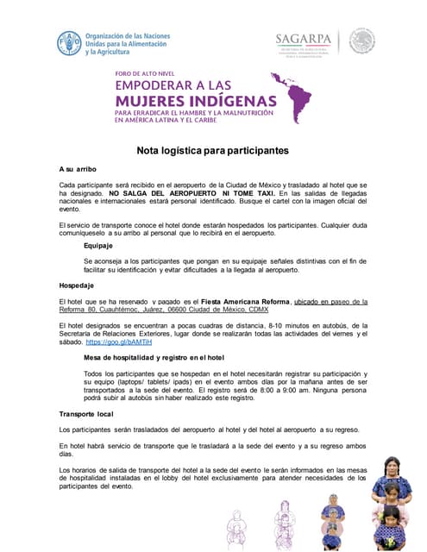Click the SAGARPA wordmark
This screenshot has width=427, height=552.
(304, 38)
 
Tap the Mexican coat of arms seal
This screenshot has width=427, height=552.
(361, 41)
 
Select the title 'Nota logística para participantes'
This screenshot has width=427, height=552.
(212, 150)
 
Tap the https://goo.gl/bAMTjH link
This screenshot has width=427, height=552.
(118, 342)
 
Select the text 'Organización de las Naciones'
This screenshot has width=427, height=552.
(127, 36)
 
